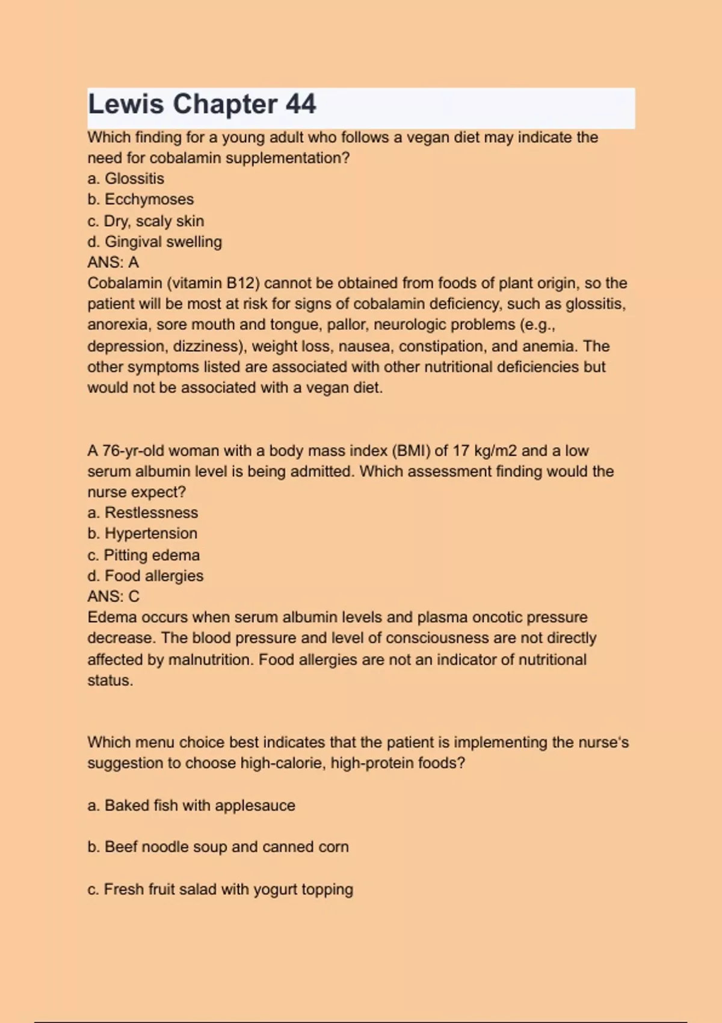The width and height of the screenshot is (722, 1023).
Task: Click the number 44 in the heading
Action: point(300,105)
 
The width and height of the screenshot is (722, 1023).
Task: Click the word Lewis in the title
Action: point(126,105)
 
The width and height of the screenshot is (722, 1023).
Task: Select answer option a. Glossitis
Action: point(126,179)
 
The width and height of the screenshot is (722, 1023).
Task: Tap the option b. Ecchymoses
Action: point(141,199)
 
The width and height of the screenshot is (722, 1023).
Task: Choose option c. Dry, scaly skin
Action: point(146,221)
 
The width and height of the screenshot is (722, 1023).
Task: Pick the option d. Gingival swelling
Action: point(155,242)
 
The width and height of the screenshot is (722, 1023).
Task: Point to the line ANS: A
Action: point(113,262)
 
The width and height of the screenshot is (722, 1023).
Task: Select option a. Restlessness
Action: point(143,513)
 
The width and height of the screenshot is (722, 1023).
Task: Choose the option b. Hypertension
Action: point(142,534)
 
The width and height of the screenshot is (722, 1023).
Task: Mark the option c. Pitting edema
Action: point(143,555)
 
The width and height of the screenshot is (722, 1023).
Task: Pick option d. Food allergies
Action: point(146,576)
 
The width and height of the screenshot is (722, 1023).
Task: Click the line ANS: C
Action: point(113,596)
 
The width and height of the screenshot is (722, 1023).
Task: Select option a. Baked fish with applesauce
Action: point(191,806)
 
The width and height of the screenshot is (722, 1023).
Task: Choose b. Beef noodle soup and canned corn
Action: point(218,847)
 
